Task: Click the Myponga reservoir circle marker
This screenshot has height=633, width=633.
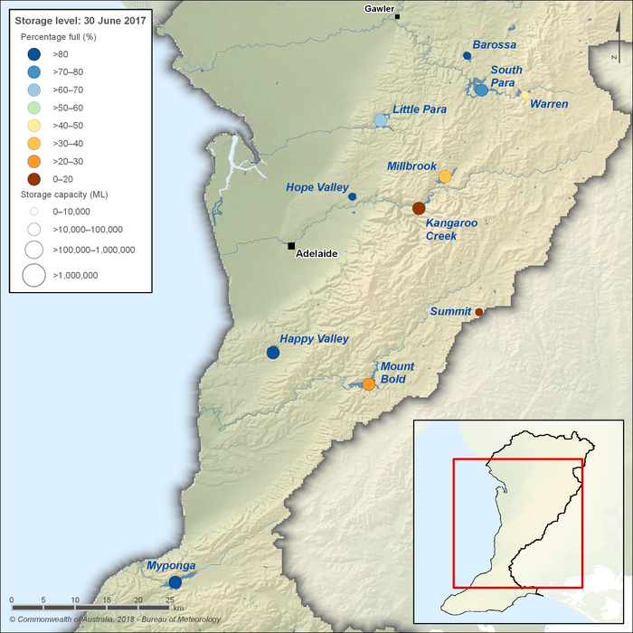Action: point(175,582)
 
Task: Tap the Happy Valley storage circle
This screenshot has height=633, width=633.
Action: point(273,353)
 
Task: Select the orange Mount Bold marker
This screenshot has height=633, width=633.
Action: point(369,384)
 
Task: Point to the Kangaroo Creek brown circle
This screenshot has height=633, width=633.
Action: point(419,209)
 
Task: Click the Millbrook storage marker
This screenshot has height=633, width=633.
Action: point(445,176)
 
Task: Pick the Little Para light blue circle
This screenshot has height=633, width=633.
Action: point(381,120)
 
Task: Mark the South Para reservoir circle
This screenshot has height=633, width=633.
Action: point(481,90)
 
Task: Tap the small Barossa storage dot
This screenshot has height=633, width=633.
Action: point(467,56)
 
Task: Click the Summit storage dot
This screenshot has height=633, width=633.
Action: point(479,313)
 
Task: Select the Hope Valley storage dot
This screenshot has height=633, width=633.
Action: point(352,196)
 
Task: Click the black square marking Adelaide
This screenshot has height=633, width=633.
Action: point(291,246)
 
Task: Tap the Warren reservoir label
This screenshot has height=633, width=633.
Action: point(549,104)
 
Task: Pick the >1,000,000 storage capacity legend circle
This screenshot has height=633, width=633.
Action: point(33,275)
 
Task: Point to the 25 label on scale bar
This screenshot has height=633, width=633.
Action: point(169,600)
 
